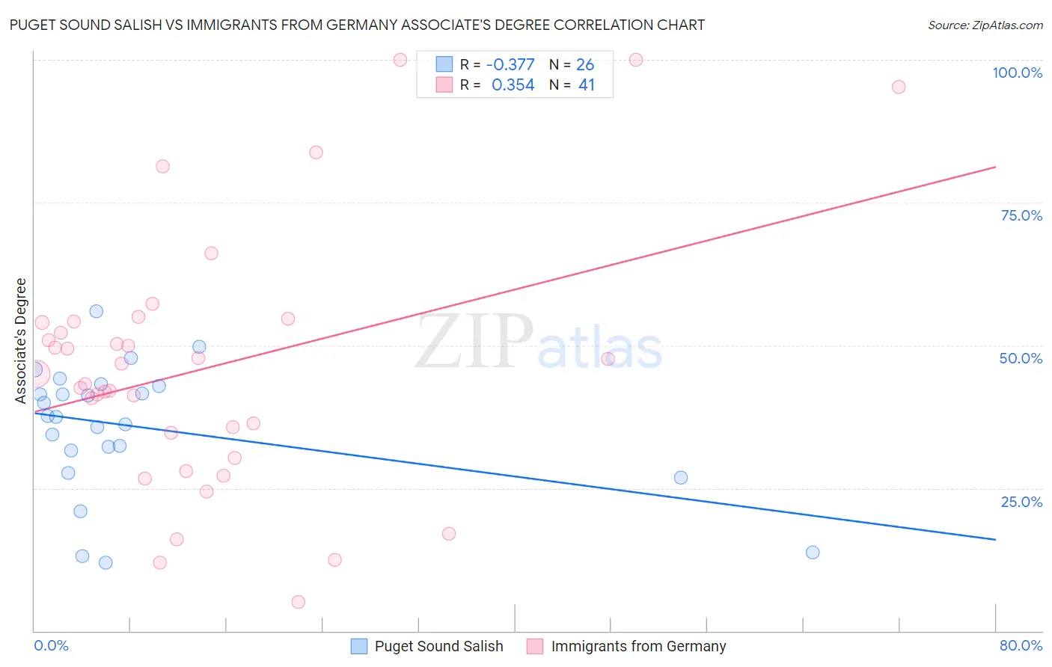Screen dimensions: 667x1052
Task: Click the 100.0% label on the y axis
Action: click(x=1017, y=73)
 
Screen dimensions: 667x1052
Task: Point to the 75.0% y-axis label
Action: click(x=1021, y=215)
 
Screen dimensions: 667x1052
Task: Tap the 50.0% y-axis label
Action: click(x=1021, y=358)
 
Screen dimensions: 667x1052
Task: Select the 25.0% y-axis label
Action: click(x=1021, y=502)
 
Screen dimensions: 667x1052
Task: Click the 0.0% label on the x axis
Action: click(x=51, y=645)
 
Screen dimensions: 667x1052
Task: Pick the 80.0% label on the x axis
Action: click(x=1021, y=645)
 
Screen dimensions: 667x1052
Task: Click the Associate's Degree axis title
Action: click(x=21, y=340)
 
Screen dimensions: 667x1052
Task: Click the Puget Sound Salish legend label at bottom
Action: click(x=438, y=646)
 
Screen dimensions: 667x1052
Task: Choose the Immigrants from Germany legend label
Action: click(x=638, y=646)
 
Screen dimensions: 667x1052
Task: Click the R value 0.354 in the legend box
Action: click(x=513, y=85)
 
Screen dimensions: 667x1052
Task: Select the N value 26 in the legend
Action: click(x=585, y=65)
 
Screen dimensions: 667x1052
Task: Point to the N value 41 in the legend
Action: click(x=586, y=85)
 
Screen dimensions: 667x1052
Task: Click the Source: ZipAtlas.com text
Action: click(x=985, y=25)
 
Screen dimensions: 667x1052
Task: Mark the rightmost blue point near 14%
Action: click(x=813, y=553)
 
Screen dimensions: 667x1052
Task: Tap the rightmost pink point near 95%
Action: click(x=899, y=87)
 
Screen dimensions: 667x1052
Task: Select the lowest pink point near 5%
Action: click(x=298, y=602)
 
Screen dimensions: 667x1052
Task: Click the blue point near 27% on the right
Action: click(x=680, y=478)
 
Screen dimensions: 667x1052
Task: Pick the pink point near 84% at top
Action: click(x=316, y=153)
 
